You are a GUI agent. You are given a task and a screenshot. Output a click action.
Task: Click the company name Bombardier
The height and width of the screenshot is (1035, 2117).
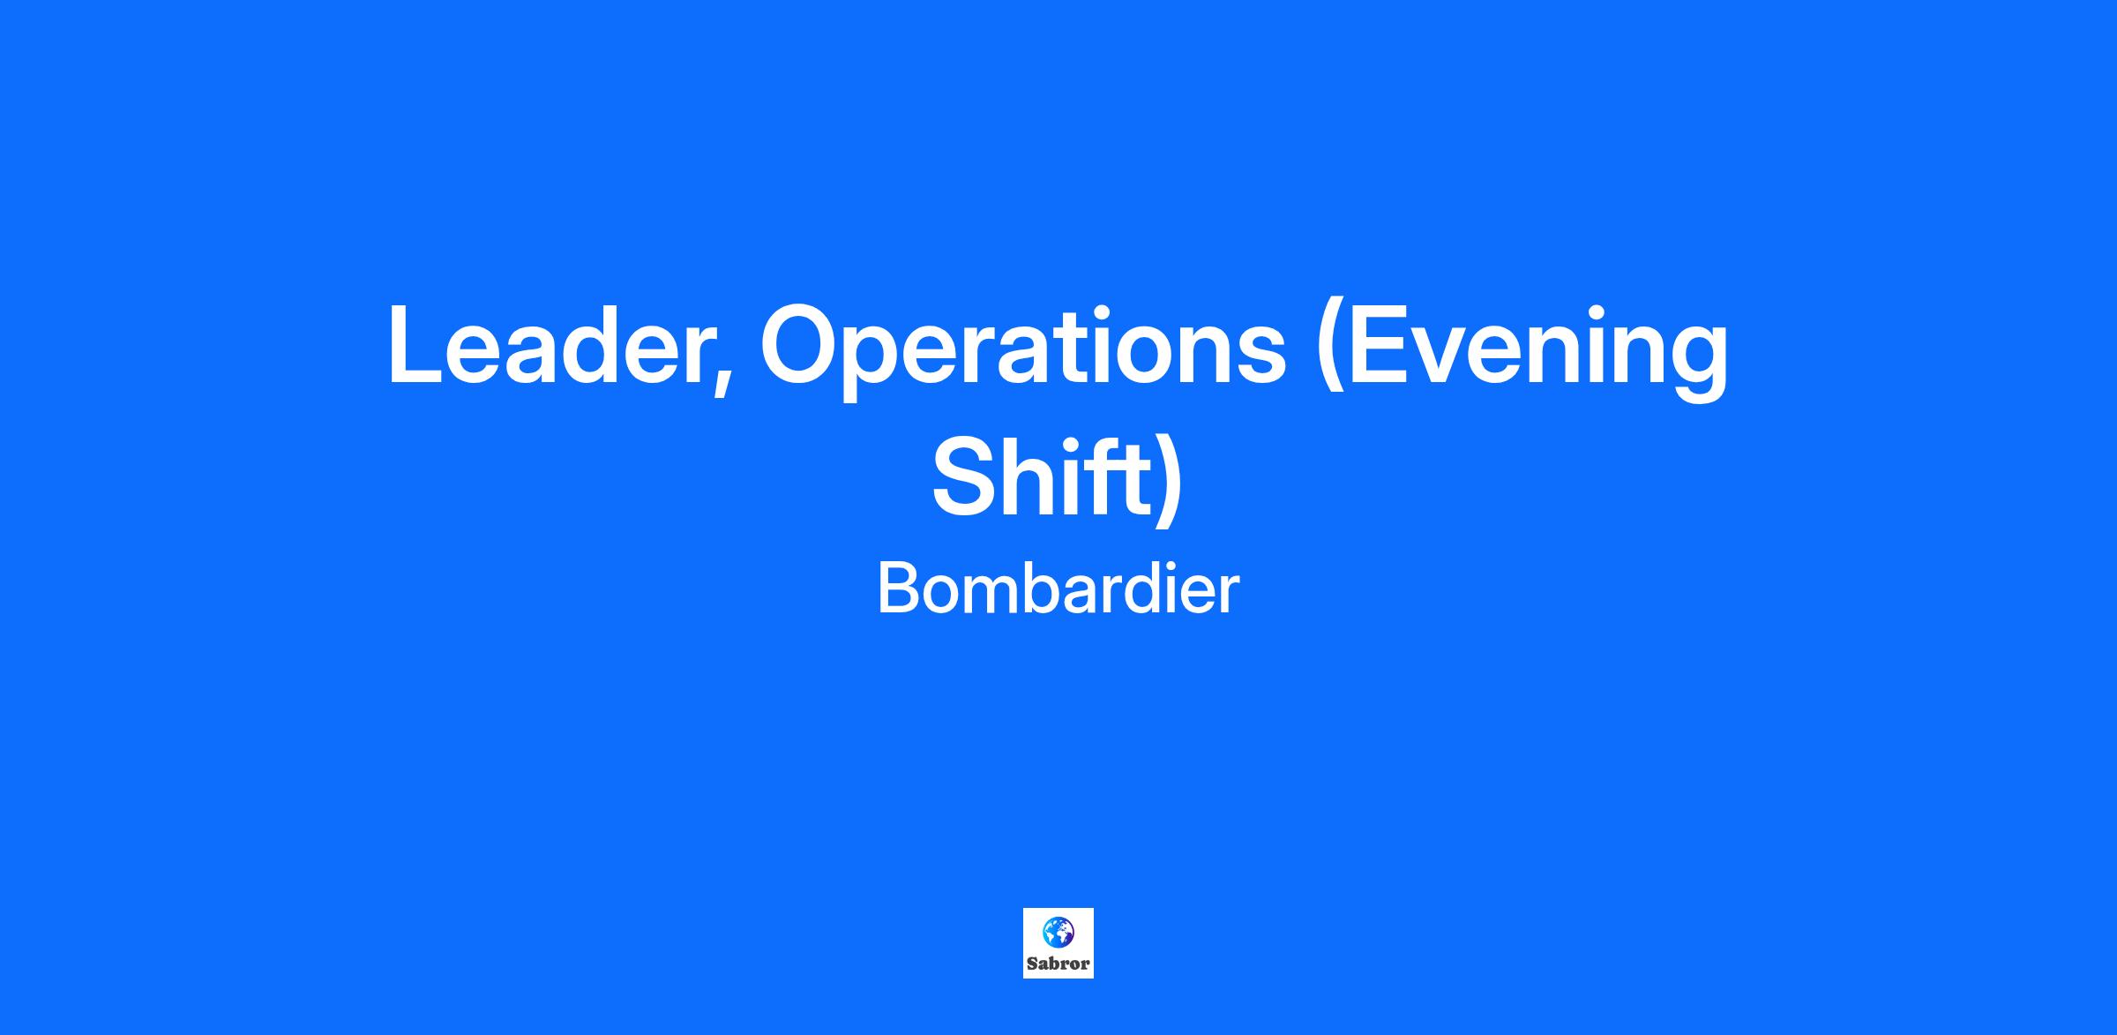(x=1058, y=589)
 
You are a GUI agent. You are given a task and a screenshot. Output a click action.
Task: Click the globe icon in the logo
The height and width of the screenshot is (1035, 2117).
(x=1058, y=931)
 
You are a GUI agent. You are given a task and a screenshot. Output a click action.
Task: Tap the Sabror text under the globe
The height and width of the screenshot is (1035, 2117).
(x=1058, y=964)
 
